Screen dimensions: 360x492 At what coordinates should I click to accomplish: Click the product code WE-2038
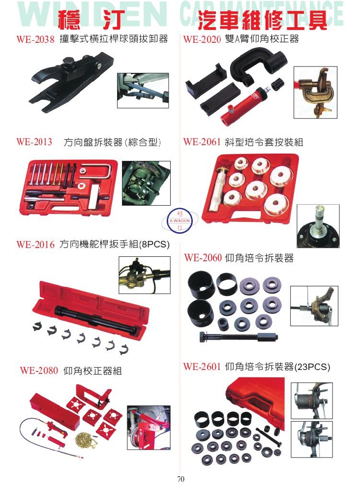pos(35,39)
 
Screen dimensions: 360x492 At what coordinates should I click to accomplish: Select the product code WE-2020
pos(202,39)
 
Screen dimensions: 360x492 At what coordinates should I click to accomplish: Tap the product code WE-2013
pos(34,142)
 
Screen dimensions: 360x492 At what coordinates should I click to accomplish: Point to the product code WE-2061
pos(202,142)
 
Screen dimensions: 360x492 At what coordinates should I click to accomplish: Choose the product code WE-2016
pos(35,245)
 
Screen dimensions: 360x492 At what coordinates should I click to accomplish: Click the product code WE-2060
pos(203,258)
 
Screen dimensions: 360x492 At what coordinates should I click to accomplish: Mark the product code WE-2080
pos(39,370)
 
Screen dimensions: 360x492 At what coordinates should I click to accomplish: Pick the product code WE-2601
pos(202,367)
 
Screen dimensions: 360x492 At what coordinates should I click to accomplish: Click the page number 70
pos(180,479)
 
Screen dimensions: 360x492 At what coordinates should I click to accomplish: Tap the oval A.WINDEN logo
pos(180,221)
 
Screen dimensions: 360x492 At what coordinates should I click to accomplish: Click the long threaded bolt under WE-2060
pos(239,338)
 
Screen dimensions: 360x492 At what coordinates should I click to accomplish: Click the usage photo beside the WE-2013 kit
pos(146,183)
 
